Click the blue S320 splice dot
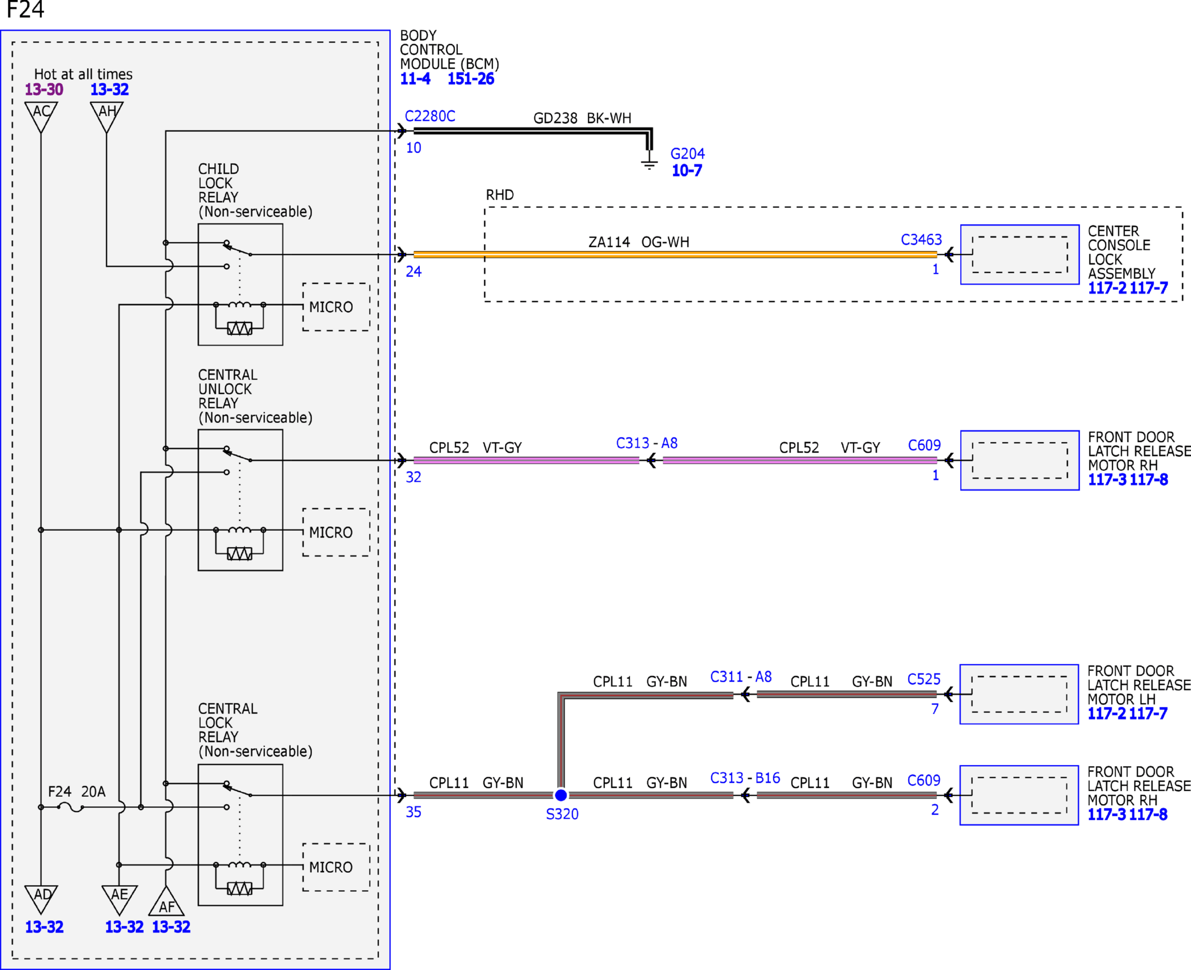click(561, 795)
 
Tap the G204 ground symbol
click(649, 163)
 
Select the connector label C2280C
click(430, 116)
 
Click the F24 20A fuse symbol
click(70, 807)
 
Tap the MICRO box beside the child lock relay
click(336, 307)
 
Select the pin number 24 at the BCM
click(413, 272)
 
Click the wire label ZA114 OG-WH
click(639, 242)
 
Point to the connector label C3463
click(921, 240)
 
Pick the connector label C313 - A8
click(646, 443)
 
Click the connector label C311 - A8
click(741, 677)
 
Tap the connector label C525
click(924, 679)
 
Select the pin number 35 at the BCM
click(413, 812)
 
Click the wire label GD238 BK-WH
click(582, 118)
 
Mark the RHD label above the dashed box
click(499, 195)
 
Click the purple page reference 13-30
click(44, 89)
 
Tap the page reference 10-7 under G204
click(687, 170)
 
